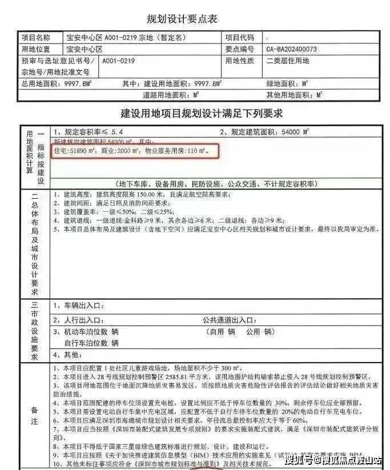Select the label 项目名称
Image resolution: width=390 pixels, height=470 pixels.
(x=36, y=38)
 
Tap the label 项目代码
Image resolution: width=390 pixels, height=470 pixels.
(x=240, y=38)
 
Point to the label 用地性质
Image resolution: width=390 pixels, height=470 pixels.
(x=240, y=61)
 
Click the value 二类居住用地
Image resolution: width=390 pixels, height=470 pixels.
(x=287, y=61)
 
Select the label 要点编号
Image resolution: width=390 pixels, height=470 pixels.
(x=240, y=49)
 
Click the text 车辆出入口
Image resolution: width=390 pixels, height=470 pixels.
(x=77, y=305)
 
